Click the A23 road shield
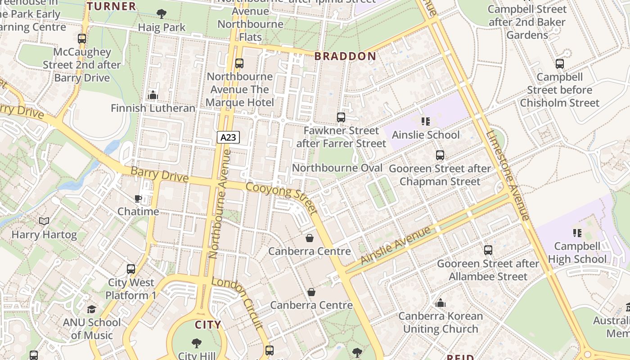point(228,137)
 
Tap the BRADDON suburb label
point(345,56)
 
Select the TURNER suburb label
point(111,6)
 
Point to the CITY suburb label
point(208,324)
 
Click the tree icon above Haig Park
point(161,14)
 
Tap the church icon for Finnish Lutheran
point(153,95)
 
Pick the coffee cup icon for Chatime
point(138,198)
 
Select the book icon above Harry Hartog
point(44,221)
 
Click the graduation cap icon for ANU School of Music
point(92,309)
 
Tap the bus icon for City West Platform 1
point(131,269)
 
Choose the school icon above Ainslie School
point(426,121)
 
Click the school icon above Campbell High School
point(577,233)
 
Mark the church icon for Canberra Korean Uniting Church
point(441,303)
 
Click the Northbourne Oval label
point(337,168)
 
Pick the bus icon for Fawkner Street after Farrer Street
point(341,117)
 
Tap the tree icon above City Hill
point(197,343)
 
